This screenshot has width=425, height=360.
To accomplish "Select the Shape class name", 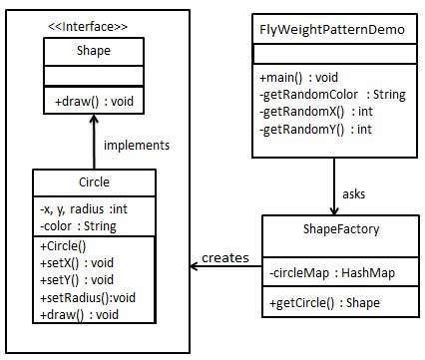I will click(94, 49).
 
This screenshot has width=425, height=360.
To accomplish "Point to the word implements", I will click(136, 145).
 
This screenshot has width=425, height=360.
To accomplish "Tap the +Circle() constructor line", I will click(63, 244).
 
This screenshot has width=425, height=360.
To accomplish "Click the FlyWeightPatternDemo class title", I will click(331, 29).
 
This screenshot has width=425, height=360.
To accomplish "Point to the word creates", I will click(224, 258).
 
